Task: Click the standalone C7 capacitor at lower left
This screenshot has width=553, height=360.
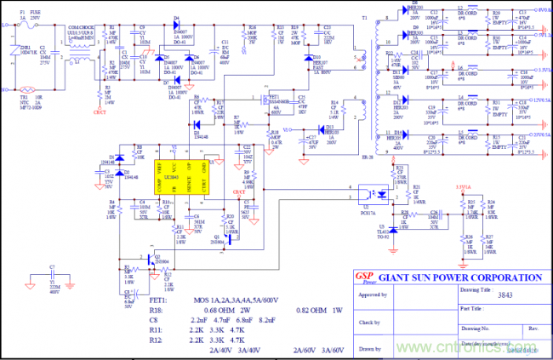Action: (53, 278)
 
